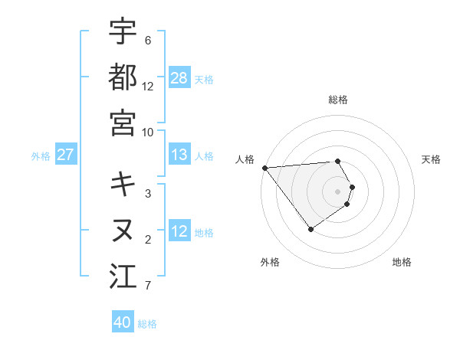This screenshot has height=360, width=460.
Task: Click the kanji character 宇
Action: (123, 31)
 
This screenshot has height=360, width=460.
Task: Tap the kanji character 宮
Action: (123, 122)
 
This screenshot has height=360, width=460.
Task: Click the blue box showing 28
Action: (179, 77)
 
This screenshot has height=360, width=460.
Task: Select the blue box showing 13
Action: (179, 155)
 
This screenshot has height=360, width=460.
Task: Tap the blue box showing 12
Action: (179, 231)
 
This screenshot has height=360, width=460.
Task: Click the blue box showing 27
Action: (66, 155)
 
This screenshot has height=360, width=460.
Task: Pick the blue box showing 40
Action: (123, 322)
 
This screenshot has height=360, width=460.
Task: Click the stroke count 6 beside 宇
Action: (148, 40)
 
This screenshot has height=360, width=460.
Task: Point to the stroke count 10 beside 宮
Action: (148, 132)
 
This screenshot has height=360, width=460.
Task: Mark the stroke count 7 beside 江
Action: (148, 286)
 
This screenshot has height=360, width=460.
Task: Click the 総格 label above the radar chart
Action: (337, 100)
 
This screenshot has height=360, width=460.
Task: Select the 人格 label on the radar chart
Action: (245, 159)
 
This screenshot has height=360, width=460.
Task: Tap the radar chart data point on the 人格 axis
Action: (264, 168)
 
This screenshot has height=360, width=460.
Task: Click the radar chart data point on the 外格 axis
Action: (310, 229)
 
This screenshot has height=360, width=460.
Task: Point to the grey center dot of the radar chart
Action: (337, 191)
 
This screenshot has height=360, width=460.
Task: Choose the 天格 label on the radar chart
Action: (431, 159)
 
